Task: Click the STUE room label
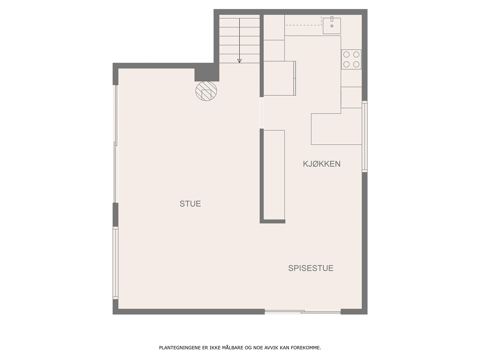pos(190,204)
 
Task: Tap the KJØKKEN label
pos(322,164)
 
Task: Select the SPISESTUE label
pos(310,268)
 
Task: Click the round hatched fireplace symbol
pos(206,91)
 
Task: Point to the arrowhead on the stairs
pos(239,61)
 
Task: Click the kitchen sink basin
pos(332,26)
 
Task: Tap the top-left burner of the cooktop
pos(346,55)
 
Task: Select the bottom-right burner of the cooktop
pos(356,64)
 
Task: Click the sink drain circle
pos(332,26)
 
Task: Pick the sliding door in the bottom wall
pos(303,312)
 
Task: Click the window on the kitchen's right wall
pos(364,136)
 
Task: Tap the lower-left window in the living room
pos(115,263)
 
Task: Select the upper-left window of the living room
pos(115,144)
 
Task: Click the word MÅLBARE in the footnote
pos(232,348)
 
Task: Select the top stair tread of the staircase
pos(239,23)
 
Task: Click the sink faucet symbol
pos(332,19)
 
